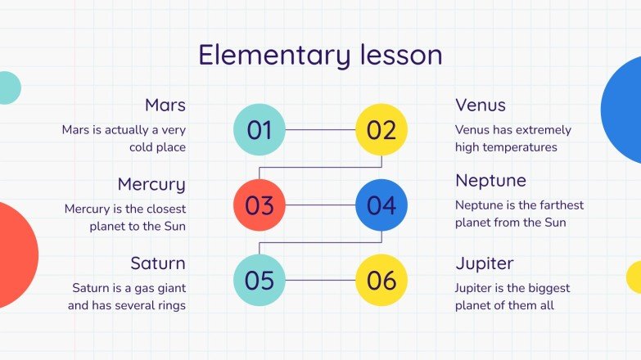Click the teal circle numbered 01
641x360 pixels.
pyautogui.click(x=260, y=129)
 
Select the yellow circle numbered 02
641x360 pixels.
pyautogui.click(x=381, y=129)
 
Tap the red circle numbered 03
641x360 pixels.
pyautogui.click(x=260, y=205)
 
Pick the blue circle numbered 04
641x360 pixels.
pyautogui.click(x=381, y=205)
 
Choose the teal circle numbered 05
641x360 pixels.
pyautogui.click(x=260, y=280)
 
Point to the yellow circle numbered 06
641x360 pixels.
pyautogui.click(x=381, y=280)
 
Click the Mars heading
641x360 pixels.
pyautogui.click(x=165, y=106)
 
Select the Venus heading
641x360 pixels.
pyautogui.click(x=480, y=106)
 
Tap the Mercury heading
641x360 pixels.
pyautogui.click(x=151, y=184)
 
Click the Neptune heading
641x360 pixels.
pyautogui.click(x=490, y=181)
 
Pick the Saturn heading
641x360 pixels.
pyautogui.click(x=157, y=263)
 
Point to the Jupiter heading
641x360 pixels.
pyautogui.click(x=484, y=264)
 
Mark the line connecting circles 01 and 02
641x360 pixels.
pyautogui.click(x=320, y=129)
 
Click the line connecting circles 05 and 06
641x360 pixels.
pyautogui.click(x=320, y=280)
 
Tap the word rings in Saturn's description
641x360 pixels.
pyautogui.click(x=169, y=305)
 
